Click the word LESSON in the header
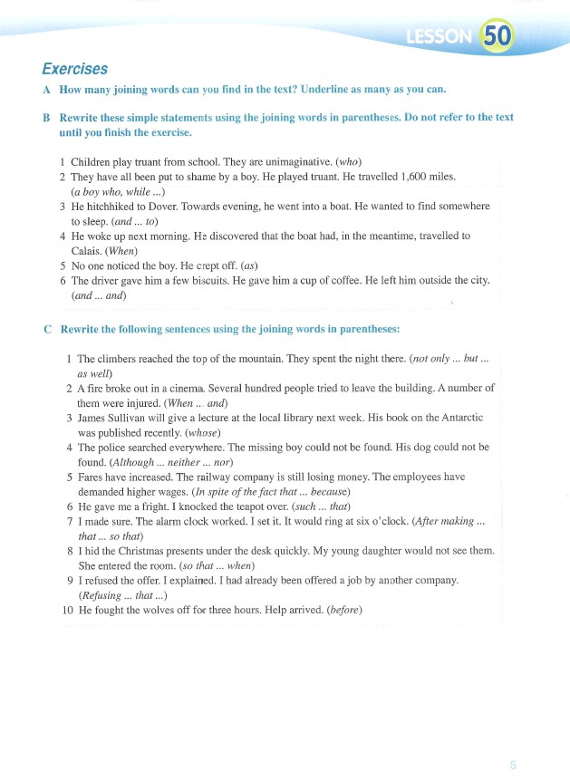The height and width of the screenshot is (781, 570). tap(440, 37)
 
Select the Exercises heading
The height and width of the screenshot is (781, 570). tap(75, 69)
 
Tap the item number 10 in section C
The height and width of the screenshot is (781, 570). tap(67, 610)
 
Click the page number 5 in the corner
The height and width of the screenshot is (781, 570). tap(513, 765)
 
